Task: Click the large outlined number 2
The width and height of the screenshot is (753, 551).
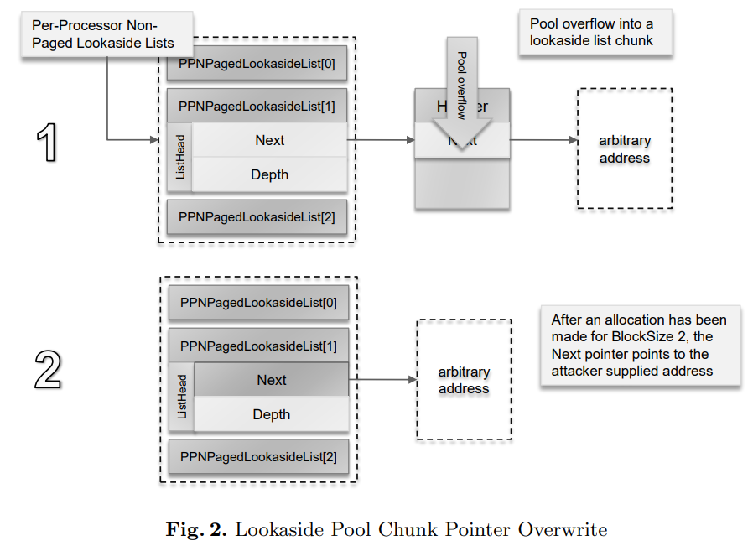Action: pyautogui.click(x=49, y=370)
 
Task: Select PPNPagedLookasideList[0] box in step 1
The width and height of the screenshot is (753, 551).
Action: pyautogui.click(x=257, y=64)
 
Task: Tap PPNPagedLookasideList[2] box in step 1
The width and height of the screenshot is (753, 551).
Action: pyautogui.click(x=257, y=217)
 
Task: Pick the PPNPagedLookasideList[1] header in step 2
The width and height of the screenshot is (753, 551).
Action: pyautogui.click(x=258, y=346)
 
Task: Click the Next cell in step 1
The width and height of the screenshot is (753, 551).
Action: pyautogui.click(x=270, y=140)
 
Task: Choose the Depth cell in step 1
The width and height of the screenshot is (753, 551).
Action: pyautogui.click(x=270, y=174)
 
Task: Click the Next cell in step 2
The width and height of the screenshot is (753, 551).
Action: pyautogui.click(x=272, y=380)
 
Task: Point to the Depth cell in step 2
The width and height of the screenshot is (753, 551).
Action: pyautogui.click(x=272, y=414)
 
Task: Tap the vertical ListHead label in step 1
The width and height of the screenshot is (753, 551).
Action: pyautogui.click(x=180, y=158)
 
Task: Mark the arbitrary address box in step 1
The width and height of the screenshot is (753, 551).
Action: pyautogui.click(x=624, y=149)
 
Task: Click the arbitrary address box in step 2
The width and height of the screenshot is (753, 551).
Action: pyautogui.click(x=464, y=380)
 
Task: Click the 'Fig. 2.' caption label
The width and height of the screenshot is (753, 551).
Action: pyautogui.click(x=196, y=530)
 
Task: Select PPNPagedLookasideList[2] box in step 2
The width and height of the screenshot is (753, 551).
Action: pyautogui.click(x=258, y=456)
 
